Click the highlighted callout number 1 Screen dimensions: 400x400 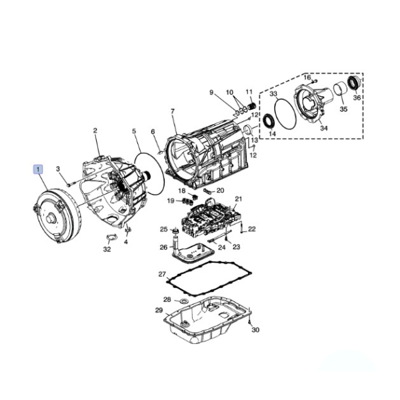click(38, 169)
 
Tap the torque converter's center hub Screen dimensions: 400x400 click(51, 219)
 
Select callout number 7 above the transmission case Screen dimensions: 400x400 click(173, 111)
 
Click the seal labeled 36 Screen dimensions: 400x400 click(355, 83)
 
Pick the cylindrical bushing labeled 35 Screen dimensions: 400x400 click(340, 89)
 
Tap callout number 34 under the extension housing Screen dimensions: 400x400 click(324, 128)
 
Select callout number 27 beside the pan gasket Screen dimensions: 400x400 click(162, 274)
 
